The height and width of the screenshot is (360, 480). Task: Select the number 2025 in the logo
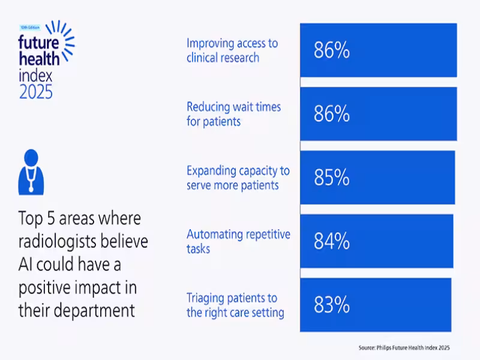point(35,92)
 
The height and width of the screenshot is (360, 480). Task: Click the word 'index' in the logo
point(35,76)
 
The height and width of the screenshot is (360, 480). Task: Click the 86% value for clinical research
point(331,51)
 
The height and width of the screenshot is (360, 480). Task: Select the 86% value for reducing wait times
point(331,114)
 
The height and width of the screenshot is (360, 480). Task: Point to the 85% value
point(331,178)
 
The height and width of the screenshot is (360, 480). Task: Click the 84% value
point(331,241)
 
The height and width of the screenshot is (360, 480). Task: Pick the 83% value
point(331,305)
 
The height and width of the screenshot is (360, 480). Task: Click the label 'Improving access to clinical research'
point(232,50)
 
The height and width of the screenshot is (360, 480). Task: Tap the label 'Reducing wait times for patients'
point(233,114)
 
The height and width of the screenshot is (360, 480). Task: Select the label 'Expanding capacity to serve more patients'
point(238,178)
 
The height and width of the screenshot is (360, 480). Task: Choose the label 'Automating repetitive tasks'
point(238,241)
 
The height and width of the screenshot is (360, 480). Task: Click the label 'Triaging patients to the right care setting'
point(235,305)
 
